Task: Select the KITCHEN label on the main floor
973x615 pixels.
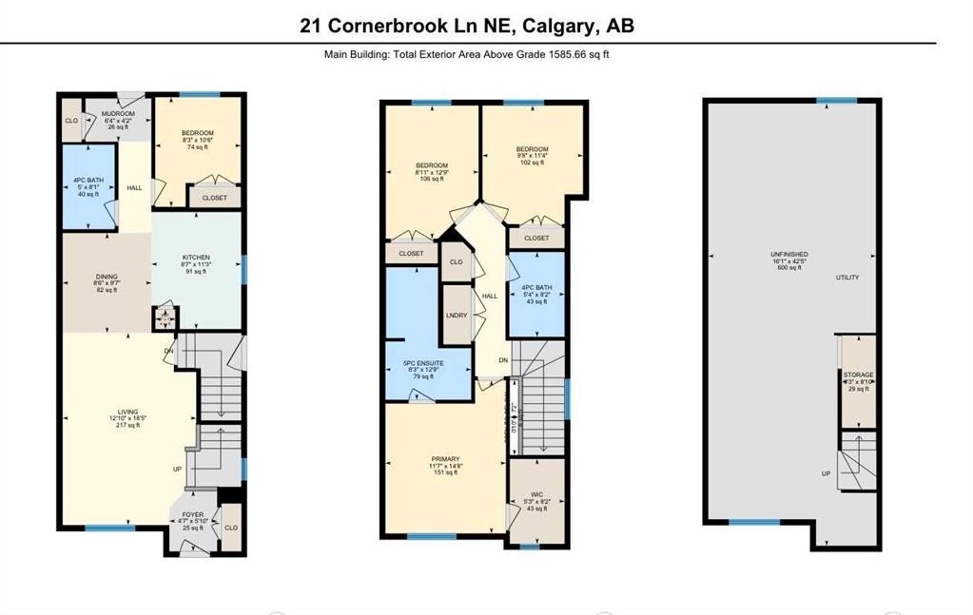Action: pos(196,257)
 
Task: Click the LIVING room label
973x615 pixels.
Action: pos(128,412)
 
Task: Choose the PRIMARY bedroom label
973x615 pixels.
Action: pos(443,459)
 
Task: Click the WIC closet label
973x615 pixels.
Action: pos(536,495)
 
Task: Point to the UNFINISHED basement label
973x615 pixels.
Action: pos(789,255)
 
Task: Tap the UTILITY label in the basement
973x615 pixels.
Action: pos(847,278)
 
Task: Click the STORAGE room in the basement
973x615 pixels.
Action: pos(859,375)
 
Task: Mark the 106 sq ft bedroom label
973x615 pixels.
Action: pos(431,165)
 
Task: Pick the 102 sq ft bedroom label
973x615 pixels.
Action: pos(532,149)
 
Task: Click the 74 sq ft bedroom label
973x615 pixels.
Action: pos(198,133)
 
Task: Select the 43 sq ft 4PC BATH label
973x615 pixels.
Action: pos(537,288)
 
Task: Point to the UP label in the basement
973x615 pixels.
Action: pos(826,473)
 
